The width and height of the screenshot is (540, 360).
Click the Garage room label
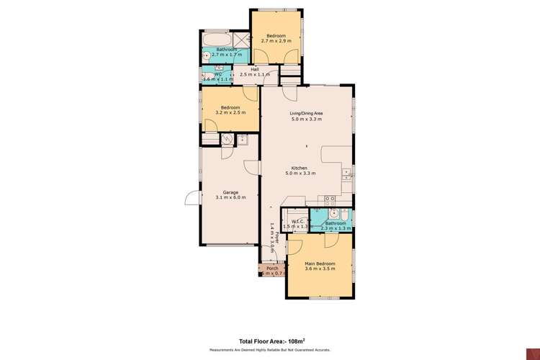(230, 192)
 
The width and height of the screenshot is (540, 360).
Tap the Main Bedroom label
(320, 264)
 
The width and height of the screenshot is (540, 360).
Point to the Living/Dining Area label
(306, 113)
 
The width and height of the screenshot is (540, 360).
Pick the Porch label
(272, 269)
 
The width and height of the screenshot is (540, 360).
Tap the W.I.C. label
(294, 222)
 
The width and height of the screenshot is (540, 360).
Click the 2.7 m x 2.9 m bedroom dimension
(276, 42)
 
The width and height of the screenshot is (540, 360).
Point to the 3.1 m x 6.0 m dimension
(230, 197)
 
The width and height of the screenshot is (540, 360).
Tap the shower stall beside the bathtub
(241, 40)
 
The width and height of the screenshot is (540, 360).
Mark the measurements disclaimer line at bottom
(270, 350)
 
